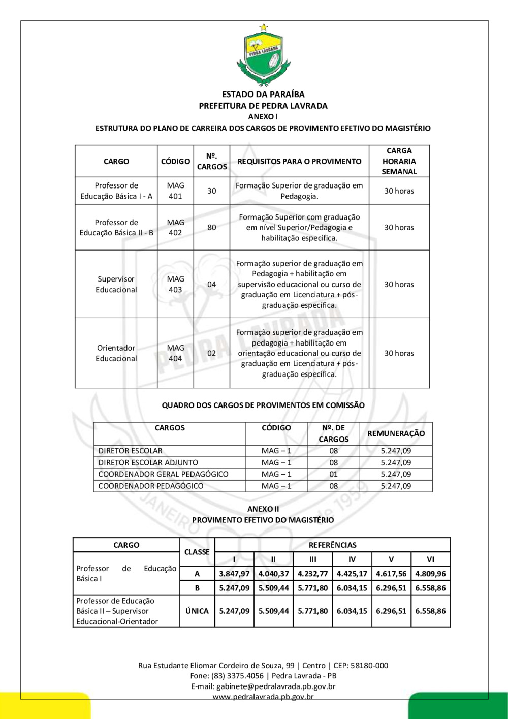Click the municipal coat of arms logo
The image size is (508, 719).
tap(263, 55)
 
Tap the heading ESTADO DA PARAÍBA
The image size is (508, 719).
tap(263, 95)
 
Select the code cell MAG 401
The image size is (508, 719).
tap(175, 191)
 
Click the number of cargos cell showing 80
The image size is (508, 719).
tap(211, 228)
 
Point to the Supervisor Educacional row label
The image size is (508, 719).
tap(116, 285)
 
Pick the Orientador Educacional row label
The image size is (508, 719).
tap(116, 353)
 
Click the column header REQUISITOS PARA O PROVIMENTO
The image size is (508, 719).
tap(299, 162)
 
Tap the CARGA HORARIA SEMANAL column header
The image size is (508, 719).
tap(399, 162)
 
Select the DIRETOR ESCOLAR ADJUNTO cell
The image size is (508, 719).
tap(148, 463)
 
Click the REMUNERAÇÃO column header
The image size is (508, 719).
tap(396, 434)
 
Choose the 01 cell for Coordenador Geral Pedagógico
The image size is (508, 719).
tap(333, 475)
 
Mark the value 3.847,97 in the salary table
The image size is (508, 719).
tap(234, 574)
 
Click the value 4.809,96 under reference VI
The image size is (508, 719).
tap(430, 574)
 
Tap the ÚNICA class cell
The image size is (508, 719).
tap(197, 611)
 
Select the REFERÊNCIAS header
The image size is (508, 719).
tap(332, 545)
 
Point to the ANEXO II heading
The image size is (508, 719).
tap(263, 509)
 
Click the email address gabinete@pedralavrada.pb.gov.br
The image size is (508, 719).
tap(276, 686)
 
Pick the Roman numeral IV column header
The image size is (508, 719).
tap(352, 559)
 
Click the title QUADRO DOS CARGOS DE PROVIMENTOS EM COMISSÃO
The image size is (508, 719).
tap(263, 405)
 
